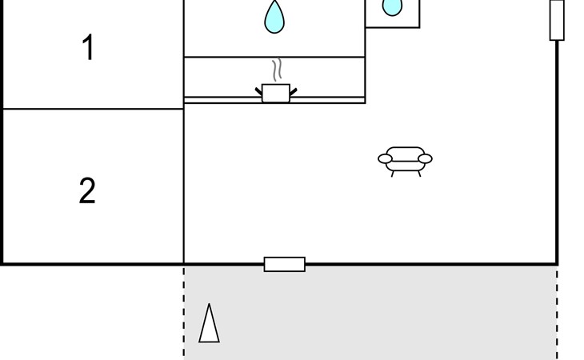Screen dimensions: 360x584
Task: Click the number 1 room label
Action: pyautogui.click(x=87, y=49)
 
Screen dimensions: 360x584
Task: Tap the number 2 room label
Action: pyautogui.click(x=87, y=191)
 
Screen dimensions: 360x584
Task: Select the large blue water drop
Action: pyautogui.click(x=274, y=17)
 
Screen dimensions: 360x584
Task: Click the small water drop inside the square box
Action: pyautogui.click(x=392, y=7)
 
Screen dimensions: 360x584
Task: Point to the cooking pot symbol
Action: pyautogui.click(x=276, y=93)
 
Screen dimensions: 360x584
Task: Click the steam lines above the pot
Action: pyautogui.click(x=277, y=70)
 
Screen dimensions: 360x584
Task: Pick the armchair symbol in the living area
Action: pyautogui.click(x=405, y=159)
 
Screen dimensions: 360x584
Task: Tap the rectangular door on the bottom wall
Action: pyautogui.click(x=285, y=264)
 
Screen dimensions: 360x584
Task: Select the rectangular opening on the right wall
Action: pyautogui.click(x=557, y=19)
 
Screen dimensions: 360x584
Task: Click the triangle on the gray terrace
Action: pyautogui.click(x=209, y=325)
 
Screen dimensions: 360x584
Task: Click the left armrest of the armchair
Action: pyautogui.click(x=386, y=159)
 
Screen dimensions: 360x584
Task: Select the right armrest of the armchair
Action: pyautogui.click(x=425, y=158)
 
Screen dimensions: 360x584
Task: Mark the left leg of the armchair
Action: pyautogui.click(x=393, y=173)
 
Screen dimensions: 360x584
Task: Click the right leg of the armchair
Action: pyautogui.click(x=418, y=173)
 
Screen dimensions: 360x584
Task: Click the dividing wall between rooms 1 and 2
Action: pyautogui.click(x=92, y=109)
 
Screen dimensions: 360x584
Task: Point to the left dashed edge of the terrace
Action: pyautogui.click(x=184, y=312)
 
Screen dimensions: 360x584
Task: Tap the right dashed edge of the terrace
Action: pyautogui.click(x=557, y=312)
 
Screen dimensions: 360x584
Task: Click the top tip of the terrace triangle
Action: pyautogui.click(x=210, y=305)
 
